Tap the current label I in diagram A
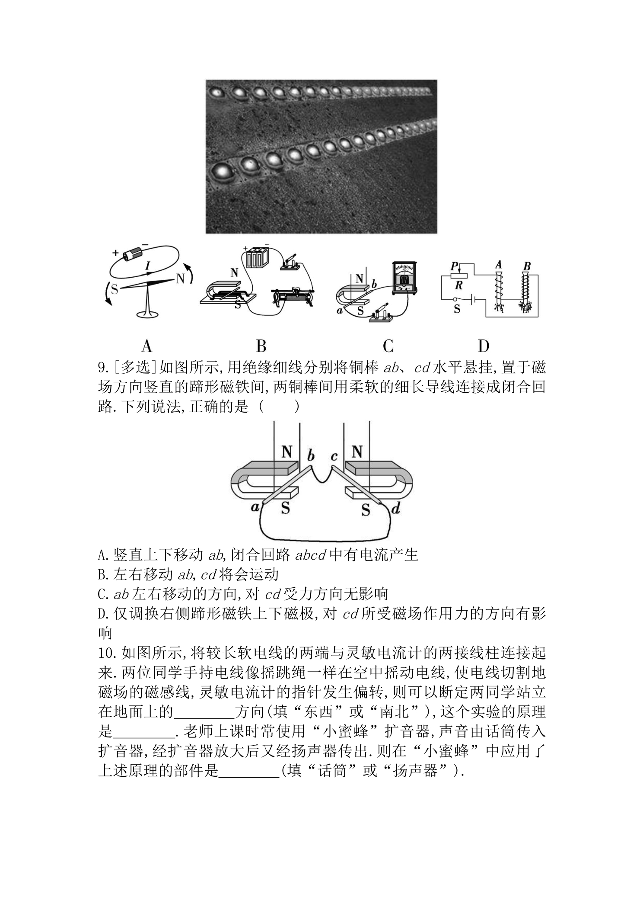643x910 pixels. (148, 265)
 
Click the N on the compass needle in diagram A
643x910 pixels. (180, 279)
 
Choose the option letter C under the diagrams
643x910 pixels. (388, 346)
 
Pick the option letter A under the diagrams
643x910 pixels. (147, 346)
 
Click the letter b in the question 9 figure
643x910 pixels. (310, 456)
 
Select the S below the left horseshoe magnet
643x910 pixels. (286, 508)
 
